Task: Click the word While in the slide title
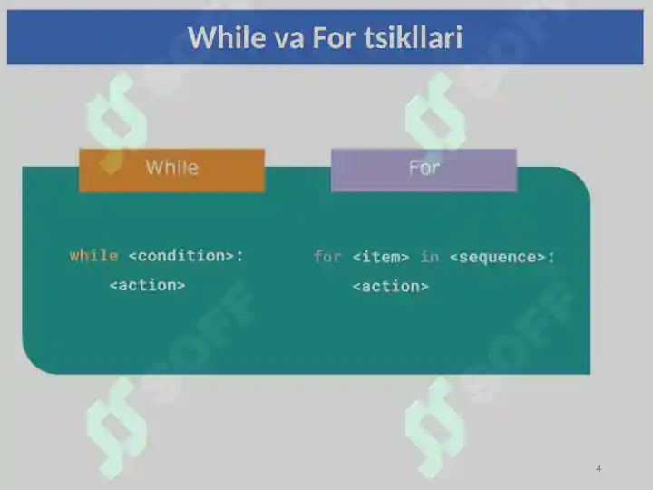(x=227, y=37)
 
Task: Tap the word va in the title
(x=288, y=39)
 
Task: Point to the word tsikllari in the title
(x=414, y=37)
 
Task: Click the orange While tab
(x=171, y=170)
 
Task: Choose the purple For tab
(x=424, y=170)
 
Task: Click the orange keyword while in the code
(x=93, y=255)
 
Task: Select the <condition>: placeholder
(x=186, y=255)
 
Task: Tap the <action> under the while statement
(x=148, y=286)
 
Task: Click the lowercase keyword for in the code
(x=327, y=257)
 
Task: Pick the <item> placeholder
(x=381, y=257)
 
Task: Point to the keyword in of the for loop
(x=430, y=257)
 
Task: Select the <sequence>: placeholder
(x=502, y=257)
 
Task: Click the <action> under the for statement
(x=391, y=287)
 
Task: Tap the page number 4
(x=599, y=468)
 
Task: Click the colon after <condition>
(x=239, y=256)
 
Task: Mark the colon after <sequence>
(x=551, y=258)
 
